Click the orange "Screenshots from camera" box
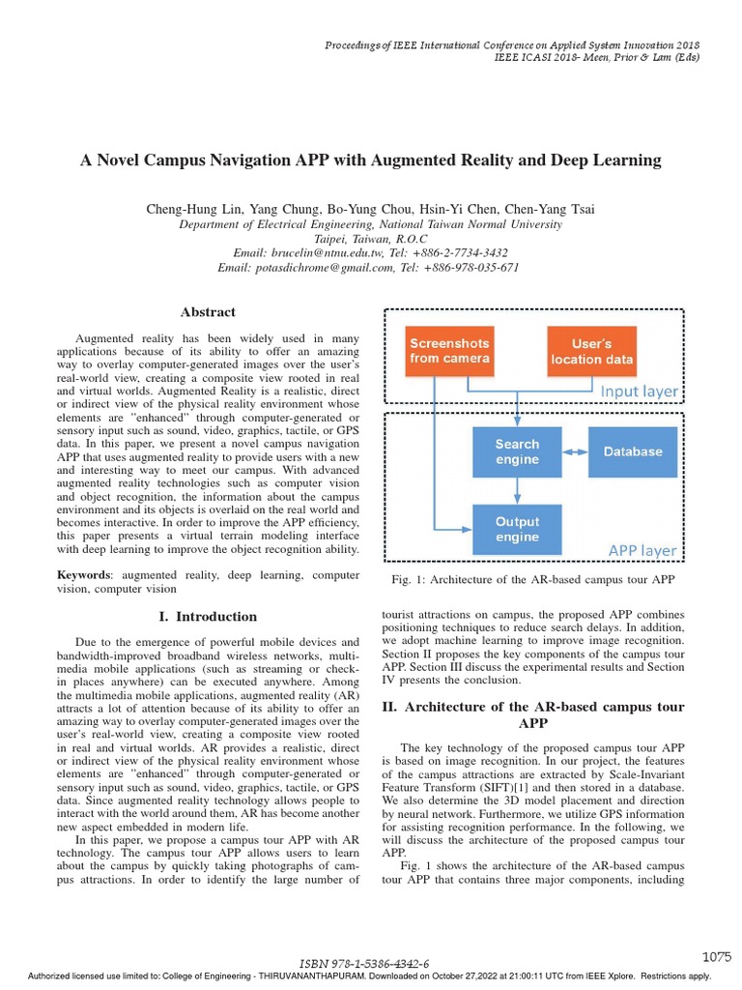449,351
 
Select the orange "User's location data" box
592,351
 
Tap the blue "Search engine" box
517,451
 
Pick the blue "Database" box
633,451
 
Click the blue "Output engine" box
517,529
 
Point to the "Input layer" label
639,392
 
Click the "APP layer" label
642,551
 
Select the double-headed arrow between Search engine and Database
575,451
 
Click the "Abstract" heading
208,311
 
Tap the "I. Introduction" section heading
208,617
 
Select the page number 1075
716,956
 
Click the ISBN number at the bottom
365,964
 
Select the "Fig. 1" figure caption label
403,579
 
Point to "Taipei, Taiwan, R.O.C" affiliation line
371,239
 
